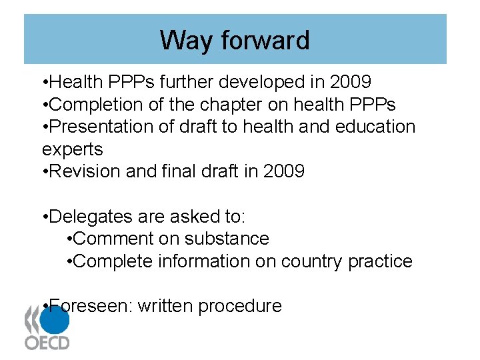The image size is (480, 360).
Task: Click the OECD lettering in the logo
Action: click(x=47, y=343)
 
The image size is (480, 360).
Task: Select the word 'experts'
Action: click(x=72, y=149)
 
